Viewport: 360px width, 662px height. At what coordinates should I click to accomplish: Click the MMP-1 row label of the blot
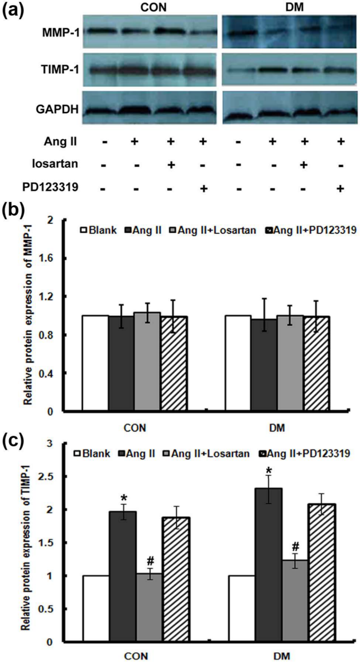[61, 32]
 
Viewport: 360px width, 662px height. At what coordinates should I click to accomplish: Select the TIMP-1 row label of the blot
[60, 70]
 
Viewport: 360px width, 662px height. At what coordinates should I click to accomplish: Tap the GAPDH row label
[57, 110]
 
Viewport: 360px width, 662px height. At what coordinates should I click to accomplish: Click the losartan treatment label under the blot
[55, 164]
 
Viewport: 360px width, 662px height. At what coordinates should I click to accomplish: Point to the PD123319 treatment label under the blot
[50, 187]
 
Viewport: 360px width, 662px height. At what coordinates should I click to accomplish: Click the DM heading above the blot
[295, 7]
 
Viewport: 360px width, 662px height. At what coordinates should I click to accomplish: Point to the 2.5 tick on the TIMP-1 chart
[48, 477]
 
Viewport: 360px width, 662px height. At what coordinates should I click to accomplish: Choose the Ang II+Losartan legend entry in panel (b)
[212, 230]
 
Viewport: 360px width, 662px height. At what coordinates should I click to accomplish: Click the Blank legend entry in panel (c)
[92, 454]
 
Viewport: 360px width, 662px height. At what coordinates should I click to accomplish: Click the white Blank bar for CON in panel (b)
[95, 363]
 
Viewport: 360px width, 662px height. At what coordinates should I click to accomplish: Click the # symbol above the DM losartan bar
[295, 546]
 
